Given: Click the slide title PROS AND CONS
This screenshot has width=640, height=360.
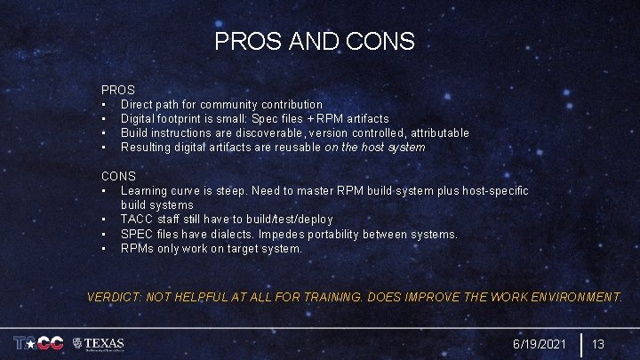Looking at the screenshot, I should coord(315,41).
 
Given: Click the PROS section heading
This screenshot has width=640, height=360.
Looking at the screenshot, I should coord(118,90).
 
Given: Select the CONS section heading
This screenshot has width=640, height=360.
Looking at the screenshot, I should coord(118,176).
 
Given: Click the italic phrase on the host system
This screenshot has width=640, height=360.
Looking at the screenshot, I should coord(376,147).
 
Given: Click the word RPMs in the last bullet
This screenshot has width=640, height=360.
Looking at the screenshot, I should coord(137,248).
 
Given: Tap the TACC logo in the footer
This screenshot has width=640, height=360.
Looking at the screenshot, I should coord(39,343).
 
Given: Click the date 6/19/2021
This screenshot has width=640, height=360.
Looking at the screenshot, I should coord(539,343).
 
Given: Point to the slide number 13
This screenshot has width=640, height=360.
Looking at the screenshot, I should coord(598,343).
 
